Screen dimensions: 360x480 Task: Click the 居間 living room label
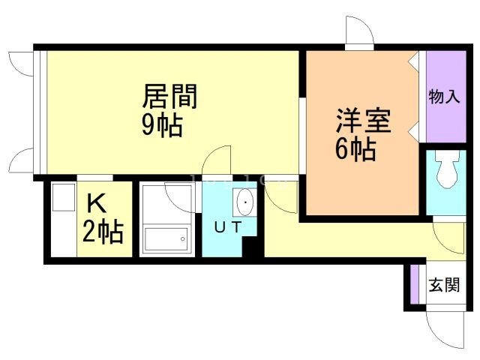pos(170,98)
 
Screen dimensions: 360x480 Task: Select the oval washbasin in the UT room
pos(244,202)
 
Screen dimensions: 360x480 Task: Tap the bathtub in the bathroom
pos(165,239)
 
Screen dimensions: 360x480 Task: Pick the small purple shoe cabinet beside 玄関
pos(414,284)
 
